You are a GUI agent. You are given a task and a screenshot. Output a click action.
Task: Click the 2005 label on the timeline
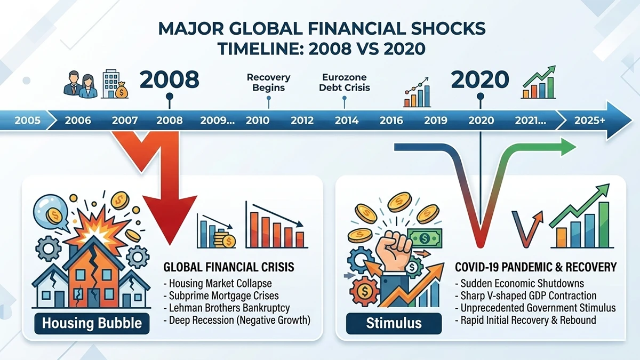27,121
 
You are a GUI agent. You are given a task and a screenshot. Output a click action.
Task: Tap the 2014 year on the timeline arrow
347,121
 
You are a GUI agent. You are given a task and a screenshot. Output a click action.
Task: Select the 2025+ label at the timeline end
589,121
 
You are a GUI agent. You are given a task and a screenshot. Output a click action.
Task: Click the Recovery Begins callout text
269,83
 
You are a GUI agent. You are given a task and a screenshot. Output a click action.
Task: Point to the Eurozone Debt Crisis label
345,83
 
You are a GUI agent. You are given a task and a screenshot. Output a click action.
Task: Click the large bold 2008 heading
169,80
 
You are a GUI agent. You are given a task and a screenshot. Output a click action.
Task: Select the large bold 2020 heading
481,80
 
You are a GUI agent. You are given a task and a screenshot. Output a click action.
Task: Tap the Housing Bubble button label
92,323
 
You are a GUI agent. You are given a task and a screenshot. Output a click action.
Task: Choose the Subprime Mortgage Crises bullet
224,295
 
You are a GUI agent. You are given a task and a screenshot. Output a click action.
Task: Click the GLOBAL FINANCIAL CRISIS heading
228,266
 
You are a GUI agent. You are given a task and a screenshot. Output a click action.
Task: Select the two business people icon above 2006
80,85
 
